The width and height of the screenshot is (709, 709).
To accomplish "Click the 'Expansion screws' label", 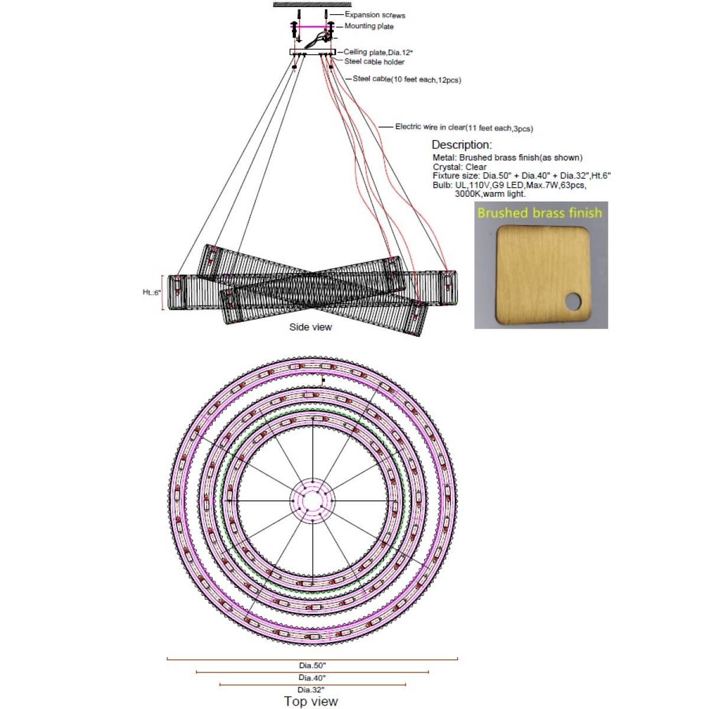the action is [375, 15].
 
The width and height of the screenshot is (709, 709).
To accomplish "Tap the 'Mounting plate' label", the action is [369, 26].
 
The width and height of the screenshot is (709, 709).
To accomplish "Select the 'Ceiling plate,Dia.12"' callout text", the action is [378, 52].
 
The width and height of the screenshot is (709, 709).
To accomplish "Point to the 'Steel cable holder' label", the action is [374, 61].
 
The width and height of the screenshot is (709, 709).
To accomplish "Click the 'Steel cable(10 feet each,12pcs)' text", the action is [406, 79].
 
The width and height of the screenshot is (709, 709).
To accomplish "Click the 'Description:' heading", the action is [461, 145].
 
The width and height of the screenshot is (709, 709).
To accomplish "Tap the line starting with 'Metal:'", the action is [508, 158].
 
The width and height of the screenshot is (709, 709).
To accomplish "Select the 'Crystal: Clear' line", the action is [460, 167].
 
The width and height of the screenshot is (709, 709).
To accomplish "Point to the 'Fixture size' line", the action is [521, 175].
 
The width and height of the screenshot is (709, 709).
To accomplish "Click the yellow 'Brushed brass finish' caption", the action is [539, 213].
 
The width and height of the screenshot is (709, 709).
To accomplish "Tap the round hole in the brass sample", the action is [573, 301].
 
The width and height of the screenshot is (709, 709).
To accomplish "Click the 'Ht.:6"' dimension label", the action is [152, 292].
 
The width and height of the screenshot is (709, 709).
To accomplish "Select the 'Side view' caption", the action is [311, 327].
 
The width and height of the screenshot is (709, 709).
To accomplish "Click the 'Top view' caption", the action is [311, 701].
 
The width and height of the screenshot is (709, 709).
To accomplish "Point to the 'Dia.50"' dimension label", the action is [313, 665].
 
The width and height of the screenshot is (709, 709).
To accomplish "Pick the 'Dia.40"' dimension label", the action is [312, 677].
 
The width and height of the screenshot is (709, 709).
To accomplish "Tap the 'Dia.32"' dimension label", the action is [311, 690].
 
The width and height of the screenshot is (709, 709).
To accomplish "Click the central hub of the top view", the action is [313, 500].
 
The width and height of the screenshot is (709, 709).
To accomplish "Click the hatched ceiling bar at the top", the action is [312, 4].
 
